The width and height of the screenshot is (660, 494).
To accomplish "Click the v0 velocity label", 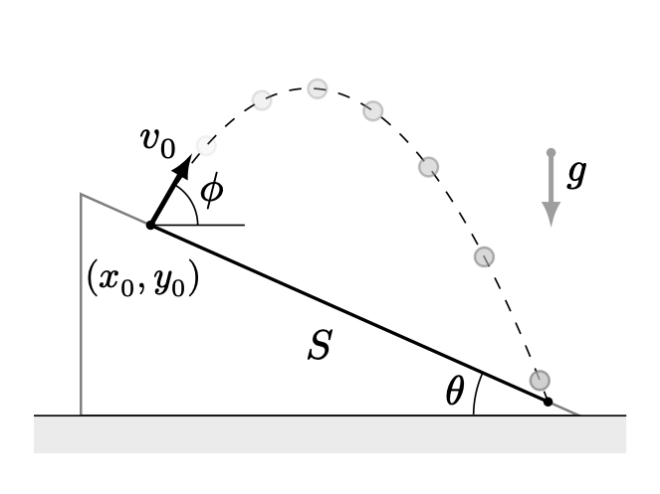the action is tap(158, 142).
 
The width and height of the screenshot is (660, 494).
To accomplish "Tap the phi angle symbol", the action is tap(212, 191).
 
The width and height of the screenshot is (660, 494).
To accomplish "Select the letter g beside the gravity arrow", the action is tap(576, 175).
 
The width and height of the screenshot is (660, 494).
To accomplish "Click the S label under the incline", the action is tap(321, 344).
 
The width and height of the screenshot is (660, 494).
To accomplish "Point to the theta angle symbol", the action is tap(455, 391).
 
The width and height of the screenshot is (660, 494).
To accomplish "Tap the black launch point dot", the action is tap(150, 226).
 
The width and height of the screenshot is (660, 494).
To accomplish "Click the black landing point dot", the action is tap(548, 402).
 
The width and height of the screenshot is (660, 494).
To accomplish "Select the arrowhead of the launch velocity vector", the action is tap(183, 166).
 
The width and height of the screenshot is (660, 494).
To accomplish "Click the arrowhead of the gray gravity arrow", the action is tap(550, 214).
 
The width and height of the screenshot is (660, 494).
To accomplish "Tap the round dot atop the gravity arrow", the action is tap(550, 153).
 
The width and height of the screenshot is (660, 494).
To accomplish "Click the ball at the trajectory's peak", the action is tap(317, 88).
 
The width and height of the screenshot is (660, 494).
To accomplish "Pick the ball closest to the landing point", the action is tap(540, 381).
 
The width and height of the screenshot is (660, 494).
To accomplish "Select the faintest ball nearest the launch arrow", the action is tap(206, 146).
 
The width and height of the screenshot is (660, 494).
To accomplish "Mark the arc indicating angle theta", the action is tap(476, 393).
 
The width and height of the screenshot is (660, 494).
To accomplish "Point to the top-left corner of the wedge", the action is tap(81, 194).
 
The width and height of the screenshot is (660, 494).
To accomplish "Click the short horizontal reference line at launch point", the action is tap(198, 226).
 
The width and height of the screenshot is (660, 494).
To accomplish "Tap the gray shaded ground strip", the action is tap(330, 434).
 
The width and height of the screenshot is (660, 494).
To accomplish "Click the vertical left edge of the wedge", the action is tap(81, 304).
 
